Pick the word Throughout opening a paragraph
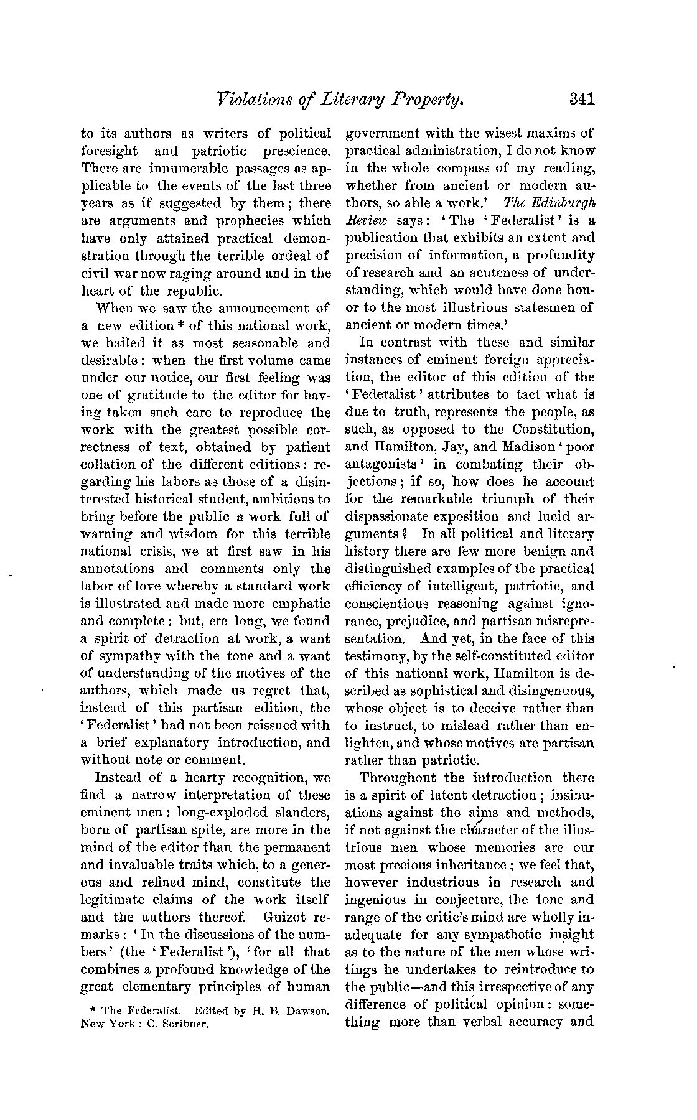(395, 778)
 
